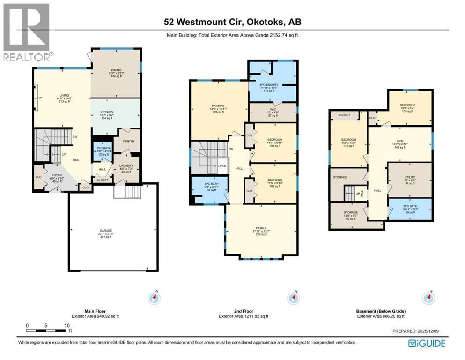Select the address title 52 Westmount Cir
click(x=232, y=22)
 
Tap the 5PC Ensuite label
click(x=272, y=84)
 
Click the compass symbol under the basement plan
click(x=427, y=298)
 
